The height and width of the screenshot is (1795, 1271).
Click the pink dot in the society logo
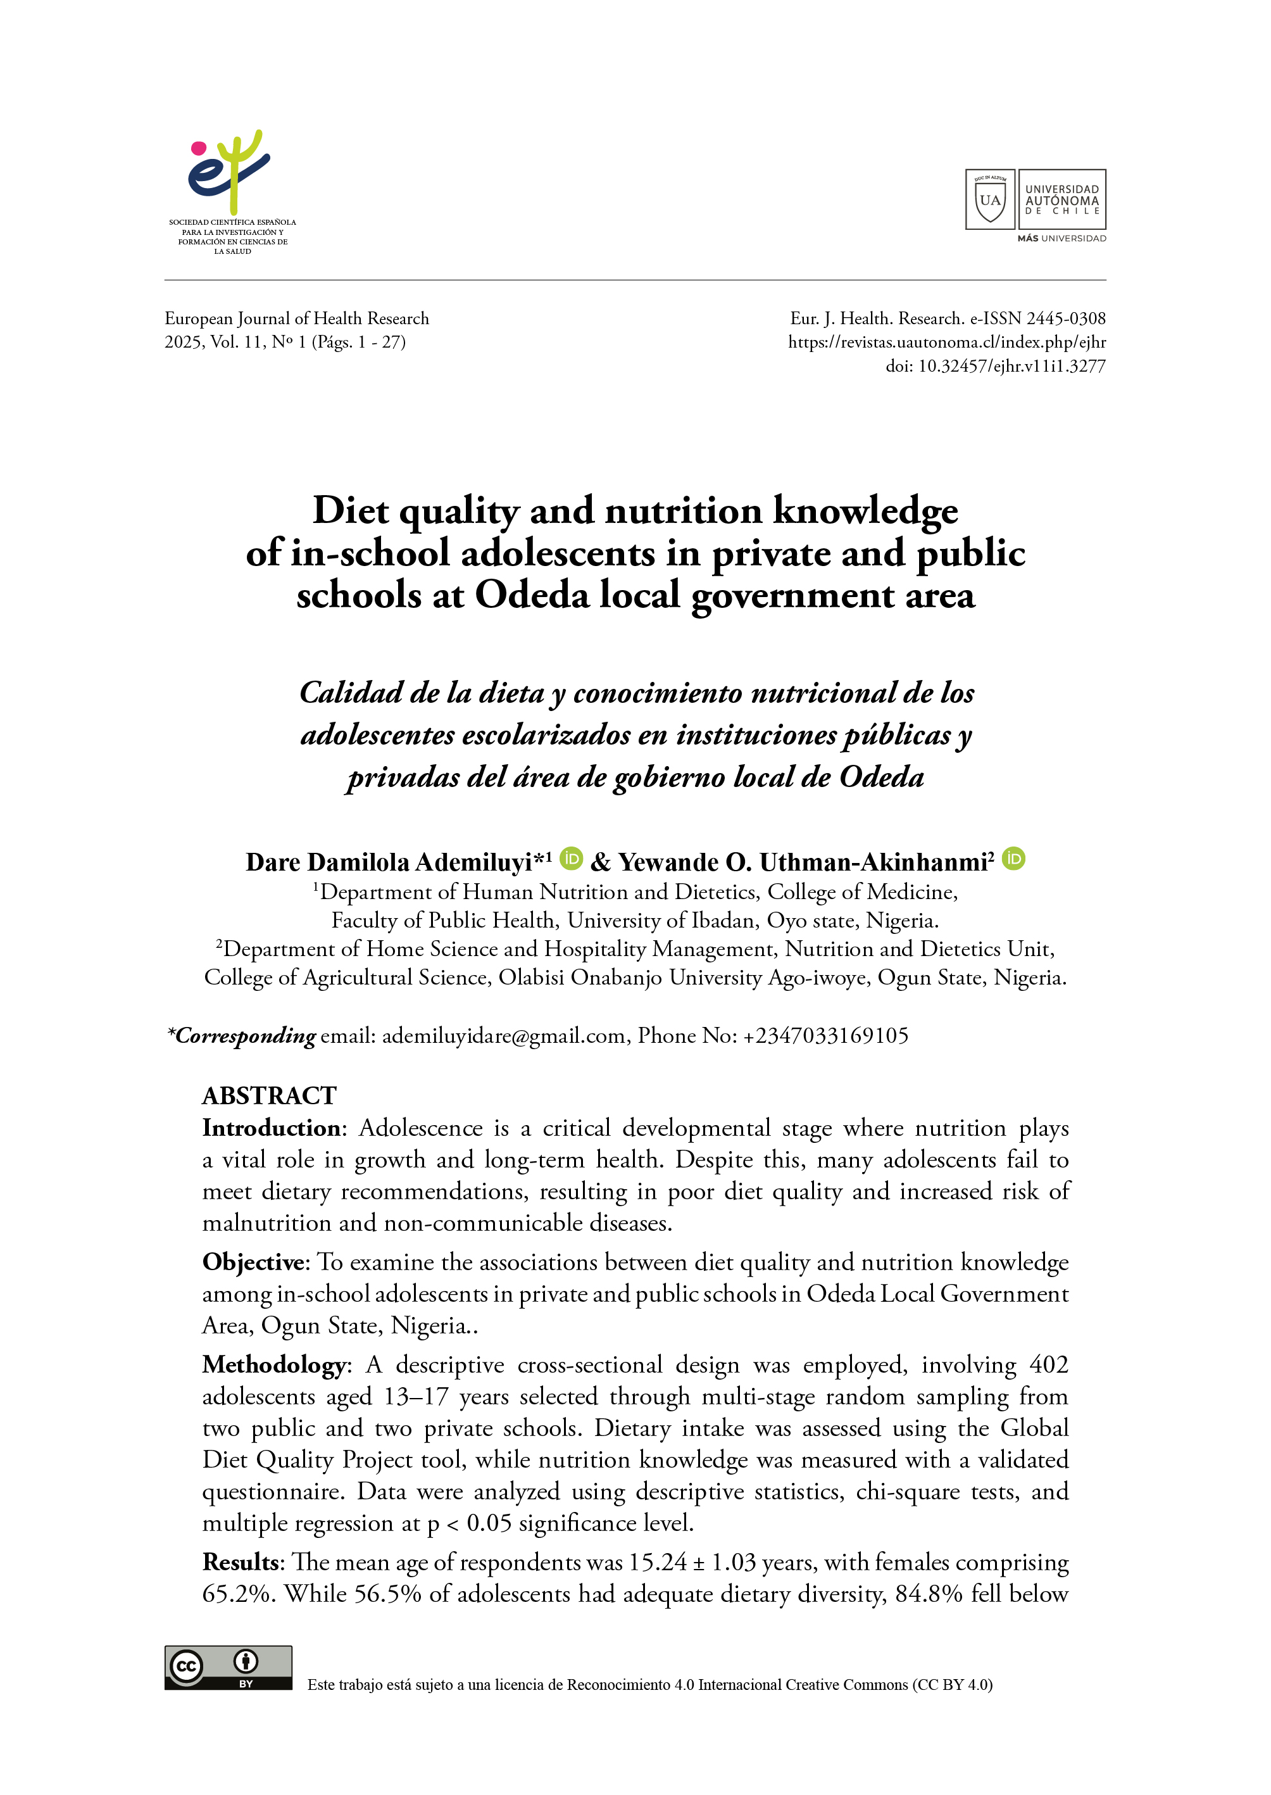(199, 148)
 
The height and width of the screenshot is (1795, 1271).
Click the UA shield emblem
(990, 199)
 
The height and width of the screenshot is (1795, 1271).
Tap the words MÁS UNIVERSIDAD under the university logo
(1061, 238)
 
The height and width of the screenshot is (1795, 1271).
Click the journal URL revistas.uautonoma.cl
(947, 342)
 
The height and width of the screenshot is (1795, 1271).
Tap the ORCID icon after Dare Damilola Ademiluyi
(572, 859)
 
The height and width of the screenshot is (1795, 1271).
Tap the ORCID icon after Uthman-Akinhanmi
(1013, 859)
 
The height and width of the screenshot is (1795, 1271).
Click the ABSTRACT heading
(269, 1095)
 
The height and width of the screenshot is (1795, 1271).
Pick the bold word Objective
(253, 1262)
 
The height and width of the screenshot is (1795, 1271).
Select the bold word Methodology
(273, 1364)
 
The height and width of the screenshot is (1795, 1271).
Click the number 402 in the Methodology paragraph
(1049, 1364)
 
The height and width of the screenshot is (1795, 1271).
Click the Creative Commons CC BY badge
(228, 1667)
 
